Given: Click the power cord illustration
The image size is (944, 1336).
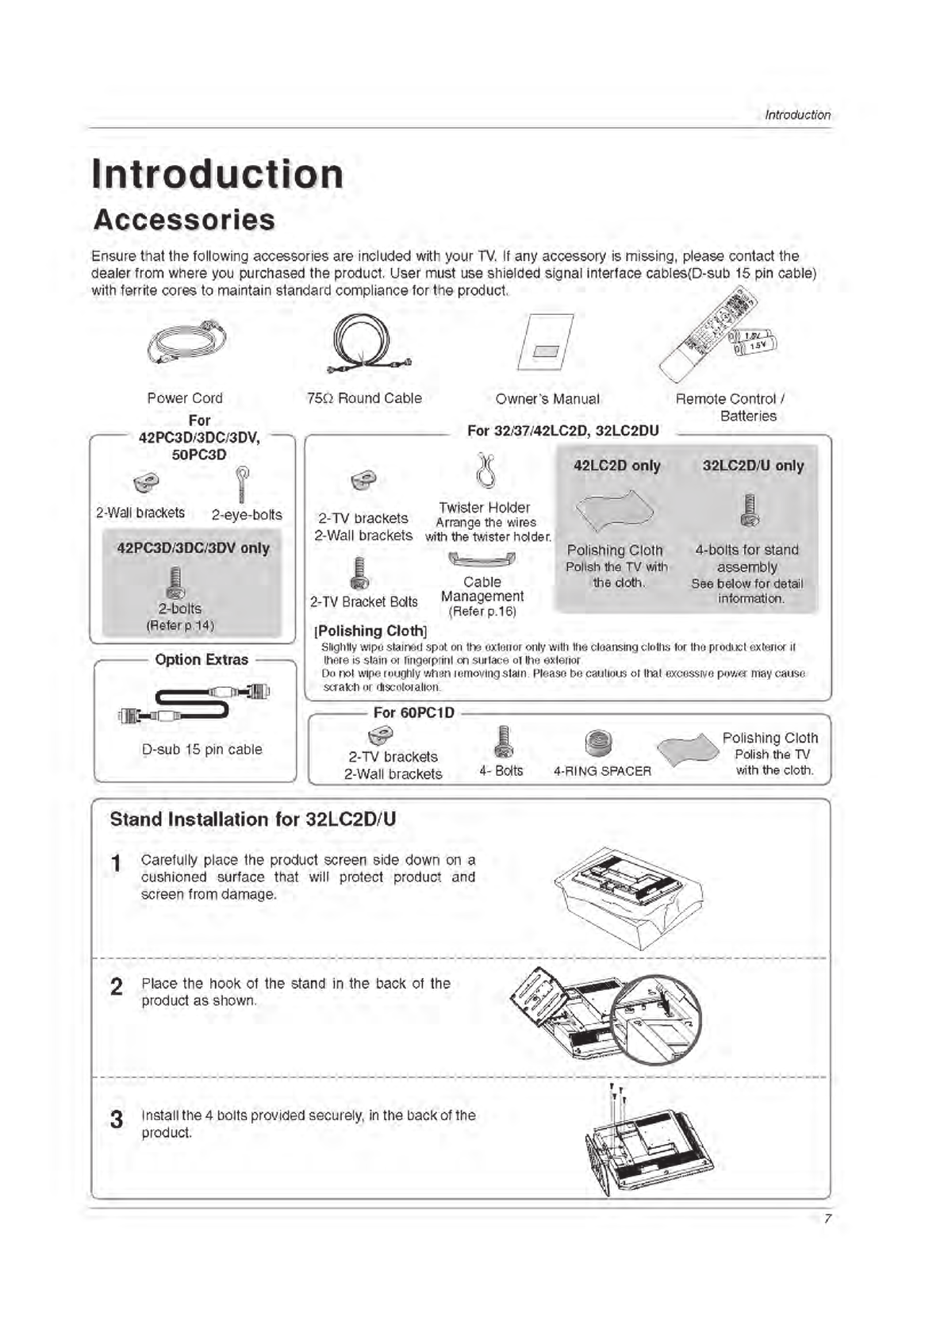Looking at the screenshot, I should (x=187, y=342).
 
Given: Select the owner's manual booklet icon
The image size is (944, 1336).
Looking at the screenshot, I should (x=546, y=343).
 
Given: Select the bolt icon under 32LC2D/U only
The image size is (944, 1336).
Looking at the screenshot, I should (x=750, y=509).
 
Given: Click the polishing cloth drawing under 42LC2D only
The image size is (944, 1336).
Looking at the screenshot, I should (x=614, y=509).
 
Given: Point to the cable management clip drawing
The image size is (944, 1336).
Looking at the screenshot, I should (x=482, y=559).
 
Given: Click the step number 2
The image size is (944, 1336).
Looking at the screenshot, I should (x=117, y=986).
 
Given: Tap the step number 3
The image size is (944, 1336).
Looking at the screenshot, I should (x=117, y=1119).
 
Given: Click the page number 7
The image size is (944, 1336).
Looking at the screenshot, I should (x=827, y=1219).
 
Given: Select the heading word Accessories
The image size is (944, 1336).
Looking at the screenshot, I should (x=184, y=220).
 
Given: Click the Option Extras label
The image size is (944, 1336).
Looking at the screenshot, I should (x=201, y=659).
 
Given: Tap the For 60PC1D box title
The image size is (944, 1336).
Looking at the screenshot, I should (x=413, y=712).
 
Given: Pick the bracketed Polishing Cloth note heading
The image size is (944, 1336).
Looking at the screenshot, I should (x=371, y=631).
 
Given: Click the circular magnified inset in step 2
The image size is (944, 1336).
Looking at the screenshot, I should (x=658, y=1019).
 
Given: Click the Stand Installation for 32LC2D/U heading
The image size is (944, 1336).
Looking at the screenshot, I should (x=252, y=819).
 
